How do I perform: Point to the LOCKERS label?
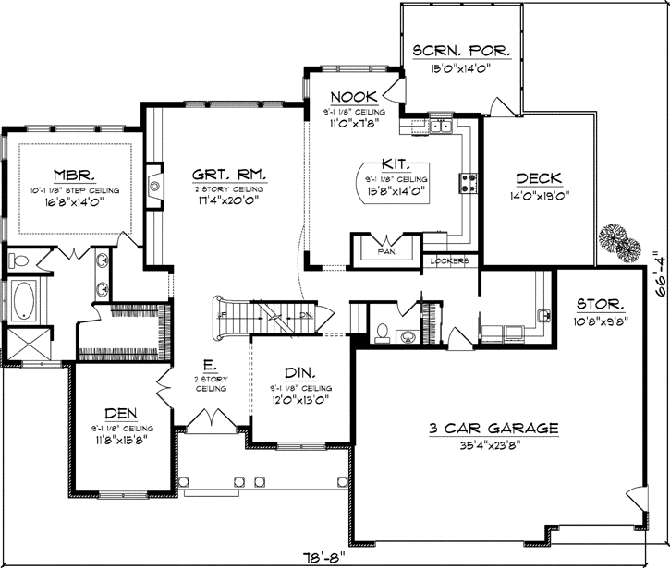450,261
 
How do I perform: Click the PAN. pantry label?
386,250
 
